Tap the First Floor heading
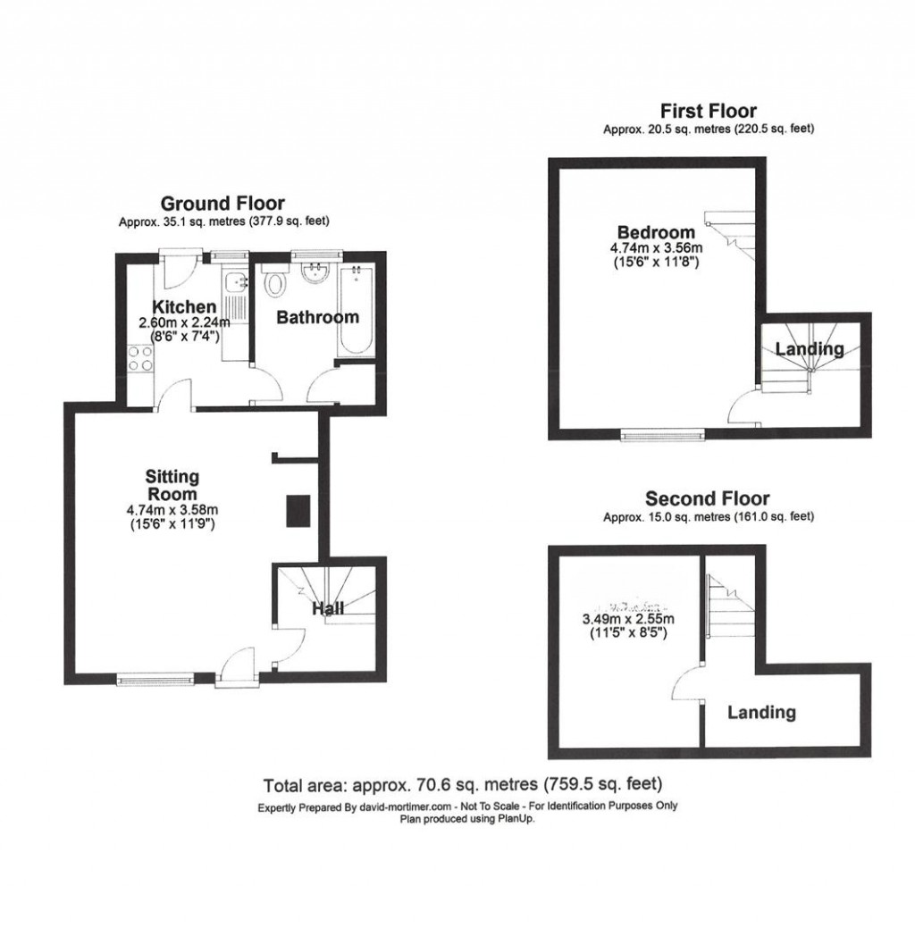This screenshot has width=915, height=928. coord(708,112)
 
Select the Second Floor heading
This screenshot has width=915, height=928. coord(707,498)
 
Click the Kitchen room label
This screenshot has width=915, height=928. coord(183,307)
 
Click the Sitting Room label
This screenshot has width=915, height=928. coord(172,485)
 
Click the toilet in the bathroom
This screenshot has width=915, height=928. coord(276,285)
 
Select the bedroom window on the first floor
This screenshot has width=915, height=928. coord(663,436)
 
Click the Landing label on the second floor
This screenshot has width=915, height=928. coord(760,713)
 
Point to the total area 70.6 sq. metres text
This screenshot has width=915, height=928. coord(462,786)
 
